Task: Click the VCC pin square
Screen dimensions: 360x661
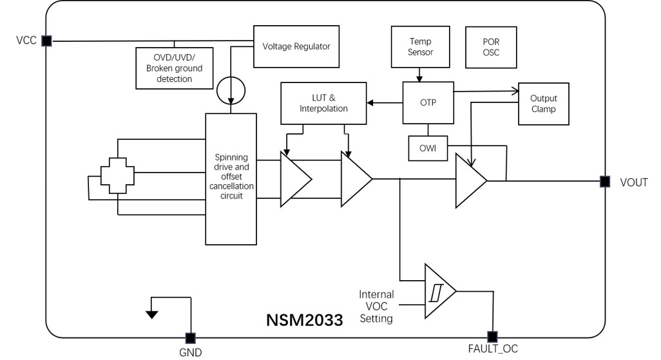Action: [x=46, y=41]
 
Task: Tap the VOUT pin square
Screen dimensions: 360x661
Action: [x=605, y=182]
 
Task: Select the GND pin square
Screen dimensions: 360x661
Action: [x=191, y=338]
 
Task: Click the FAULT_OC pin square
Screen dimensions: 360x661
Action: [x=492, y=337]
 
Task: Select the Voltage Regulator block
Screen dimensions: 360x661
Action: [x=296, y=46]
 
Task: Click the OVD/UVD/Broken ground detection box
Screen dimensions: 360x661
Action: [x=174, y=68]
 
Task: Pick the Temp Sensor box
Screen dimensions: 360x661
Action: [x=420, y=46]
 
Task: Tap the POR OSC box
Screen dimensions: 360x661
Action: [x=491, y=48]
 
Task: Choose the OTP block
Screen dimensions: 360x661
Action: [x=428, y=102]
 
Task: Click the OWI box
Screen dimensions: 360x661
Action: [x=428, y=148]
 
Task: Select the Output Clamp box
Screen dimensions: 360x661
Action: [x=543, y=104]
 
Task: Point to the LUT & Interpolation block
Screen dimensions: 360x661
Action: [x=323, y=103]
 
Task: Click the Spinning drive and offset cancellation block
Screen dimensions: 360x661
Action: [x=231, y=178]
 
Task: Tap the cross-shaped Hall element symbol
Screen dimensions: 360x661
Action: [x=117, y=175]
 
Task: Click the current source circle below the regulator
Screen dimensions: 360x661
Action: [x=230, y=92]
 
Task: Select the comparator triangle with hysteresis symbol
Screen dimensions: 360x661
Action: [x=437, y=291]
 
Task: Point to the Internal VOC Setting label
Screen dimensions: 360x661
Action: [x=376, y=307]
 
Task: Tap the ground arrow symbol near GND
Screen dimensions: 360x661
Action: [x=151, y=314]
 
